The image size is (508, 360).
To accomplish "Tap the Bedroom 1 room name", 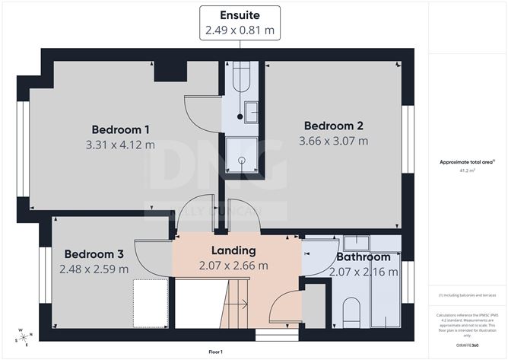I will [x=120, y=128].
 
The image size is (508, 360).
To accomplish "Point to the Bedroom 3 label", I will [x=93, y=253].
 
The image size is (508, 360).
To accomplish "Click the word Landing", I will [x=233, y=250].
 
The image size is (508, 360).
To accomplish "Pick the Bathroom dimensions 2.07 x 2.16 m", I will [x=368, y=272].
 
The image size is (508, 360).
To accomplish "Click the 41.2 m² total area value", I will [x=467, y=171].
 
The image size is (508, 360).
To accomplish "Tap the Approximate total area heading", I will [x=467, y=162].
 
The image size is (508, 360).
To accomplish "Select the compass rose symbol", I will [x=24, y=336].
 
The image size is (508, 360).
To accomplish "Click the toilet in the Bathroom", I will [x=351, y=312].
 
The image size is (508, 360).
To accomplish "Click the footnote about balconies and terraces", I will [x=467, y=295].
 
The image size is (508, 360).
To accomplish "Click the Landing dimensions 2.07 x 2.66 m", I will [x=233, y=266].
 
